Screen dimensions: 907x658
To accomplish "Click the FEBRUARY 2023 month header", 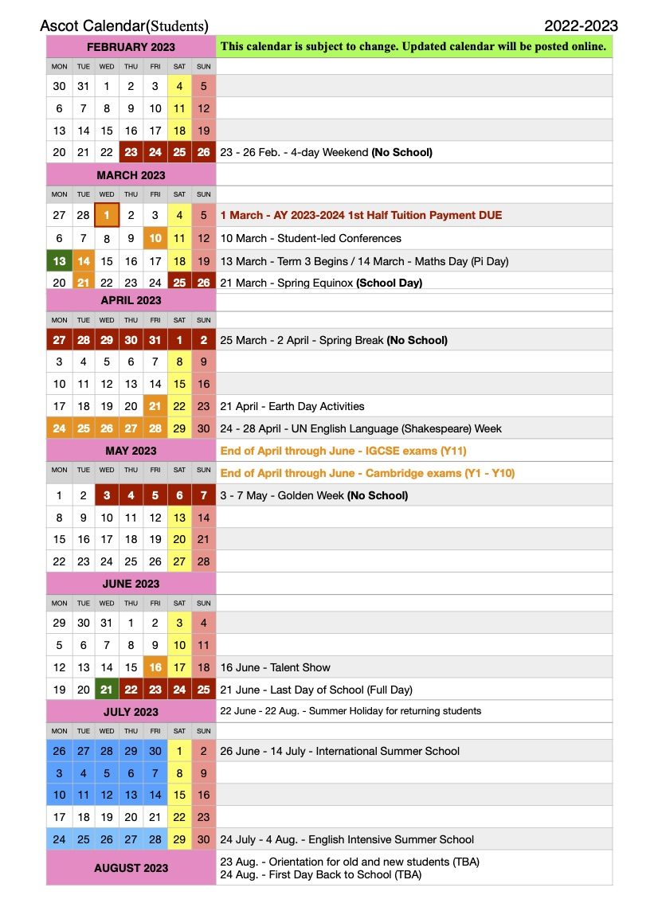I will [x=131, y=47].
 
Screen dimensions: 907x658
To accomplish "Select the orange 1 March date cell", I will [x=107, y=215].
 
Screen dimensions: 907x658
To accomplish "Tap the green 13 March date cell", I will [x=59, y=260].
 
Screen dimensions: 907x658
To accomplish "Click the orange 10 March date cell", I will [x=155, y=237].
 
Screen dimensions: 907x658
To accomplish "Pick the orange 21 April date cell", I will [x=155, y=406].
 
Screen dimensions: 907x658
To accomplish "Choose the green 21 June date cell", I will [x=107, y=690].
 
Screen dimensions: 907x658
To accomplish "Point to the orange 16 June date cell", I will [x=155, y=667].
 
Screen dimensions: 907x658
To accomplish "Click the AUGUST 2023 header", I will [x=131, y=868].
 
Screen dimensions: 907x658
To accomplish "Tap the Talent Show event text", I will [x=275, y=667].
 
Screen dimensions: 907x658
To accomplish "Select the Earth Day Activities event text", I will [x=292, y=406].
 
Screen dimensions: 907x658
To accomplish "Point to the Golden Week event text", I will [x=314, y=495].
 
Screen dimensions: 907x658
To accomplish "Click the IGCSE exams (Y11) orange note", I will [x=343, y=451].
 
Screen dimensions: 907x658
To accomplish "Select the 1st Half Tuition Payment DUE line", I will [x=361, y=215].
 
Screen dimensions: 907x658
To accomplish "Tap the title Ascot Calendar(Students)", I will [x=124, y=26].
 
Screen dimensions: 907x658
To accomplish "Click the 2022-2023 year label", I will [x=581, y=26].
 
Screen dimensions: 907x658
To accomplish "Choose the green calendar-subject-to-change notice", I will [x=413, y=46].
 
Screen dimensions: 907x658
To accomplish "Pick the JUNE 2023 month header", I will [x=131, y=584].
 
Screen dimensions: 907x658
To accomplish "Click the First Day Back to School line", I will [x=320, y=874].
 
